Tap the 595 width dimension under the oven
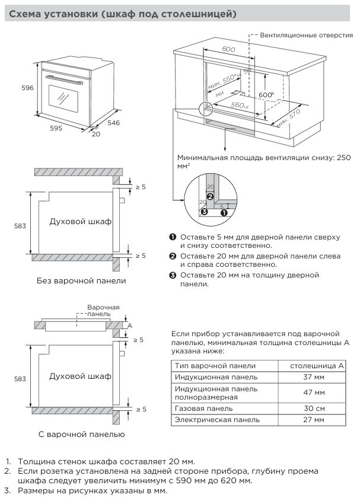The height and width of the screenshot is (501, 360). coord(56,127)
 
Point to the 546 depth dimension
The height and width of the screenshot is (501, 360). coord(113,123)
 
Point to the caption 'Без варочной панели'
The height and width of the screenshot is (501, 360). coord(81,280)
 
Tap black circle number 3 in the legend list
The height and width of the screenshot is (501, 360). coord(173,275)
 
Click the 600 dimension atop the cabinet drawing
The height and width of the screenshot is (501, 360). coord(228,49)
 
